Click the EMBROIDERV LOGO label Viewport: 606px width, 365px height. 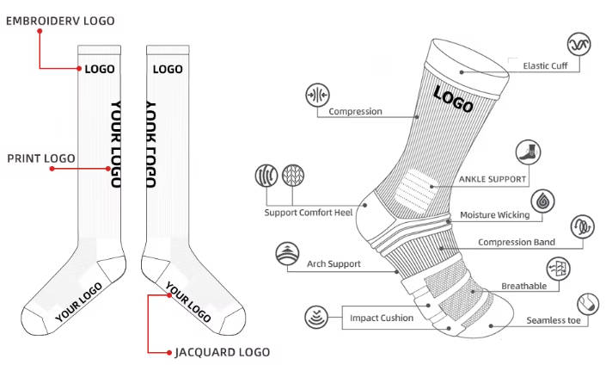[60, 20]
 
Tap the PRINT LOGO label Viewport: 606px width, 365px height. [41, 158]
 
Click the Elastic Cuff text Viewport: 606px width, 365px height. [550, 65]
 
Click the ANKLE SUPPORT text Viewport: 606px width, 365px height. [492, 179]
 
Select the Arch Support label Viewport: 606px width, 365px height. [334, 264]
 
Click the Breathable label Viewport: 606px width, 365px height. [523, 286]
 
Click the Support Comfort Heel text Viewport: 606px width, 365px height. [309, 212]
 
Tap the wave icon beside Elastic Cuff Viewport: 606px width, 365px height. [578, 45]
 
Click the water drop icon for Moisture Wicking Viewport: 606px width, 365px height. [542, 201]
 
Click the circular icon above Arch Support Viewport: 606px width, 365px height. [286, 255]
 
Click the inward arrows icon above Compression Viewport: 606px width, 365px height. [319, 94]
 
